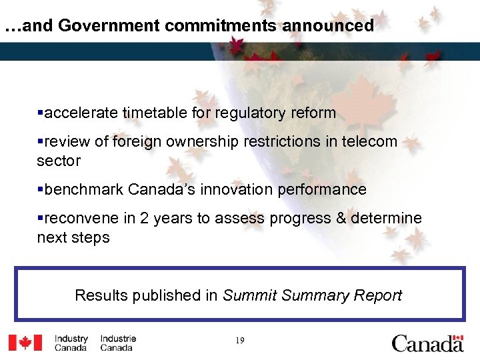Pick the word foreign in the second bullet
[x=134, y=142]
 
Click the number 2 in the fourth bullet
[x=146, y=218]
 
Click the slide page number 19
[x=240, y=341]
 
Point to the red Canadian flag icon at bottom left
[x=25, y=343]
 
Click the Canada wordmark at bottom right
[x=427, y=343]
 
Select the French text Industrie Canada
[x=118, y=343]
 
